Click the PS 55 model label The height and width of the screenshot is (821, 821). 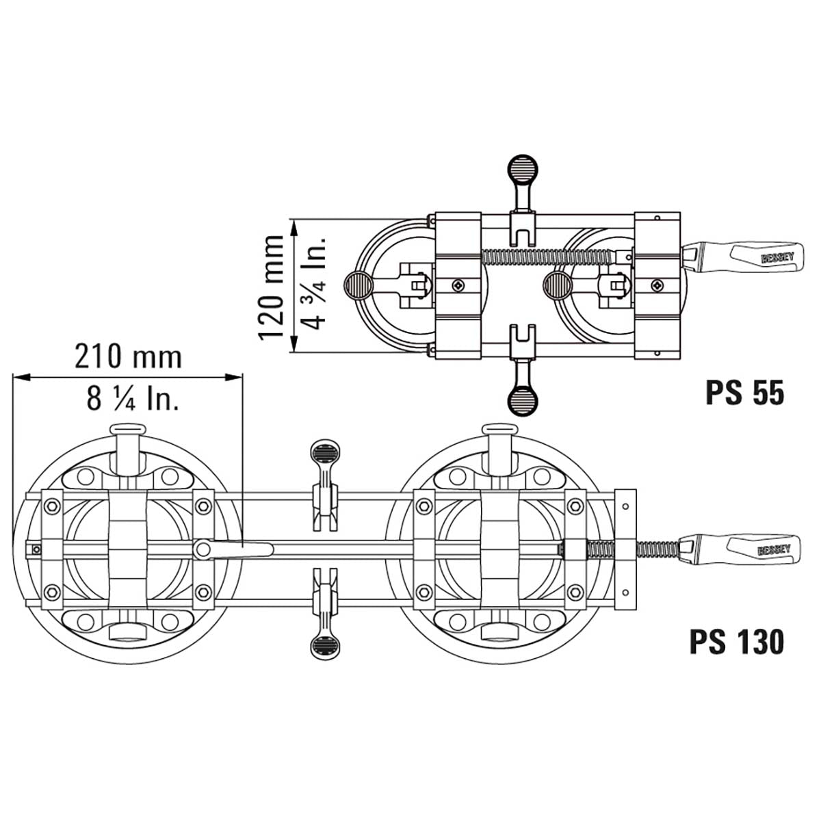(745, 393)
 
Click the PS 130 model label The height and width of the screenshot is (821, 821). (737, 655)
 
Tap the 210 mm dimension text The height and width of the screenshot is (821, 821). (128, 357)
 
